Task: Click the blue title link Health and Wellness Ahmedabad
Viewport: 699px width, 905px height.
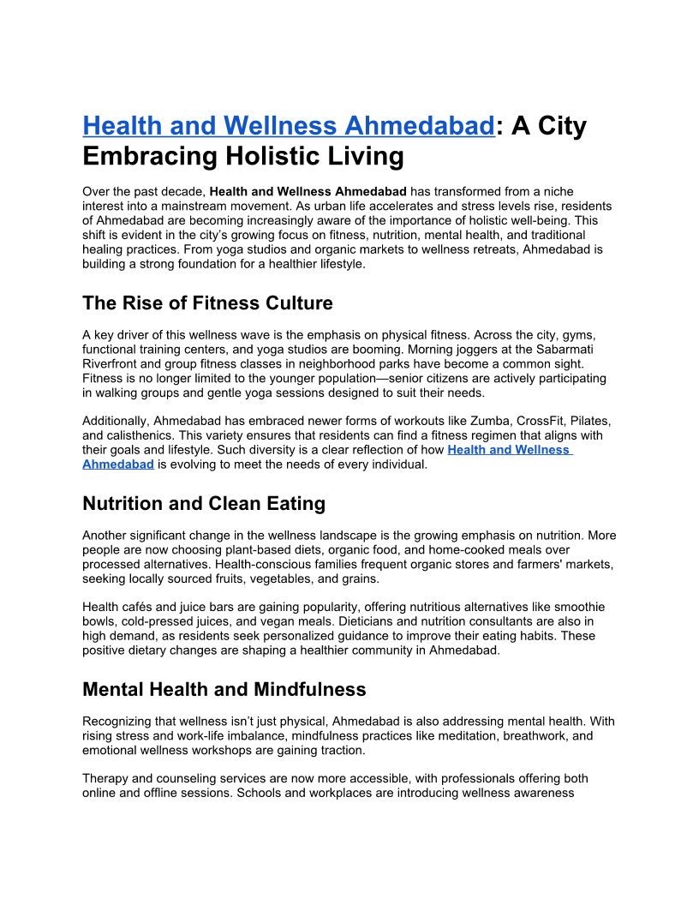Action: click(288, 126)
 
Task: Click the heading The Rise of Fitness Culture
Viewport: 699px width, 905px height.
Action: click(207, 303)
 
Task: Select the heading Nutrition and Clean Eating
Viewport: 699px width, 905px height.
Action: click(204, 503)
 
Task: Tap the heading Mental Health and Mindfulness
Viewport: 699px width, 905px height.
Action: click(224, 689)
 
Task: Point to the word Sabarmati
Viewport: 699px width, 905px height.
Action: click(583, 349)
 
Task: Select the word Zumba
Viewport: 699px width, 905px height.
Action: click(474, 421)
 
